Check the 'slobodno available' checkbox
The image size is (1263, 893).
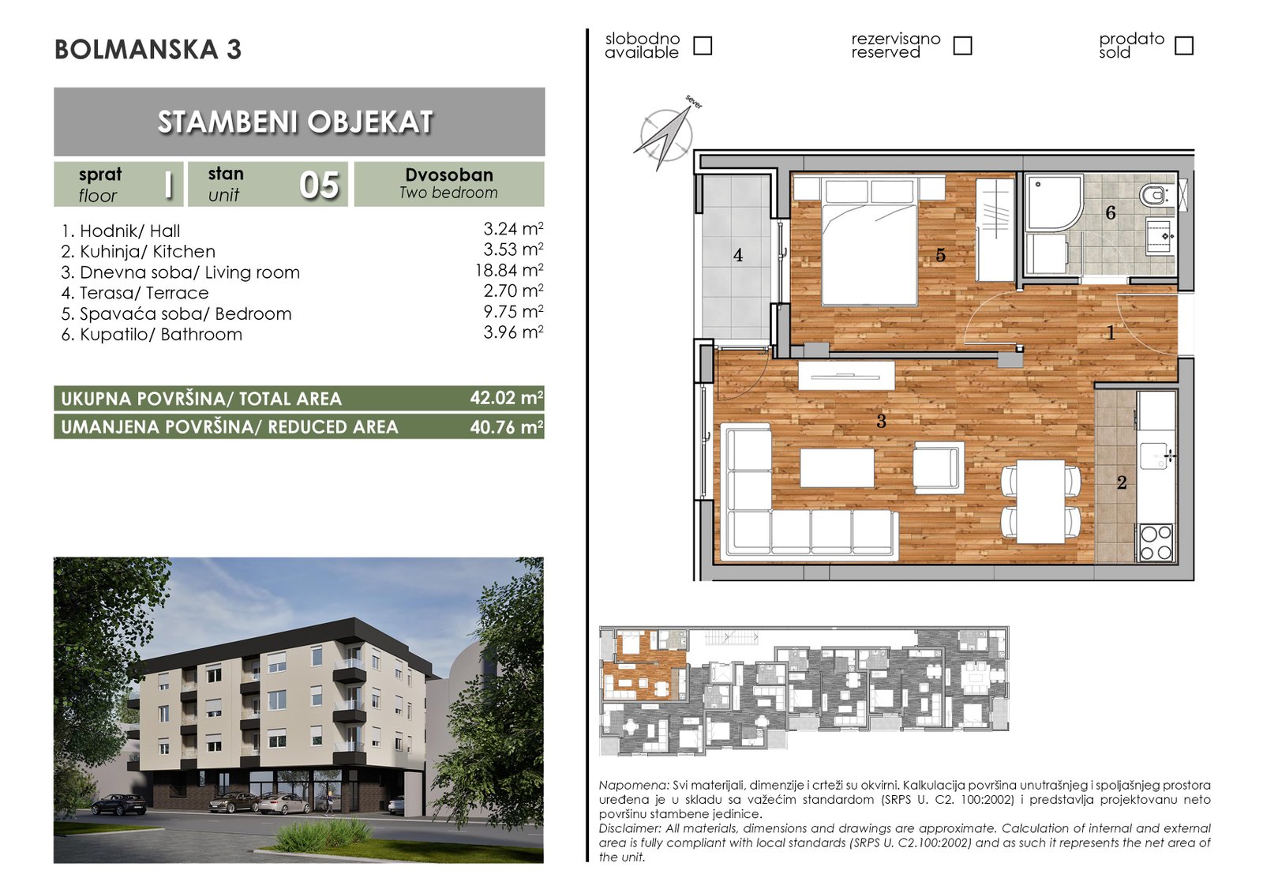coord(702,46)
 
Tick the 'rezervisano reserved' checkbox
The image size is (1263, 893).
coord(962,46)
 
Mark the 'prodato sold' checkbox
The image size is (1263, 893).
coord(1183,46)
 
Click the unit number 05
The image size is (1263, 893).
coord(319,185)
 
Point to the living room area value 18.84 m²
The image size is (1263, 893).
coord(509,270)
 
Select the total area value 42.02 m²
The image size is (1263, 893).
coord(506,398)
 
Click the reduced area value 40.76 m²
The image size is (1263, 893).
coord(506,427)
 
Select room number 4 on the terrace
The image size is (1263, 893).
coord(738,256)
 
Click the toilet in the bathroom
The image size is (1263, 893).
coord(1153,197)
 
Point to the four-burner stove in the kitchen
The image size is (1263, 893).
coord(1156,542)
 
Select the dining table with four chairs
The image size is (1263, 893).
coord(1041,501)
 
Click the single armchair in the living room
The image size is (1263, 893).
coord(939,465)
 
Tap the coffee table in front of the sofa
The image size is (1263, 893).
coord(837,467)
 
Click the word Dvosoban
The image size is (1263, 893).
coord(449,174)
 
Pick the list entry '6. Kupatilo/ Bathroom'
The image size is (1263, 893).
coord(152,335)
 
